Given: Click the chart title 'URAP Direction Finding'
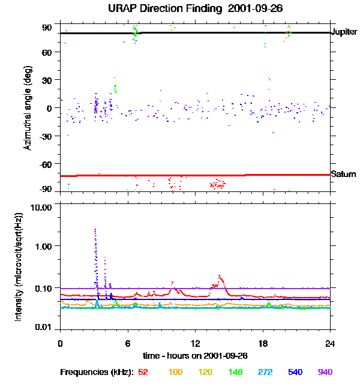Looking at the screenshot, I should click(x=157, y=8).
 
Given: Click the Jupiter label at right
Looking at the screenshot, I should click(x=344, y=32).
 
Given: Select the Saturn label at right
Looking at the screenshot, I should click(x=342, y=174).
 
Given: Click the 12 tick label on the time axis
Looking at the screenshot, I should click(x=194, y=344).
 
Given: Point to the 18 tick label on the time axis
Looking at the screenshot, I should click(x=262, y=344).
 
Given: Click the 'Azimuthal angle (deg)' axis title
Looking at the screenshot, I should click(x=28, y=108).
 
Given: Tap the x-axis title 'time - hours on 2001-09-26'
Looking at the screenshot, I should click(x=195, y=356).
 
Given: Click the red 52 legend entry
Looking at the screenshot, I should click(x=143, y=373).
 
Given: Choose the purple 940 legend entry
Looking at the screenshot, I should click(x=325, y=373).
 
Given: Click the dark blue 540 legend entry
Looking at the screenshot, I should click(x=294, y=373).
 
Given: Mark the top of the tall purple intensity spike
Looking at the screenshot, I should click(x=95, y=229).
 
